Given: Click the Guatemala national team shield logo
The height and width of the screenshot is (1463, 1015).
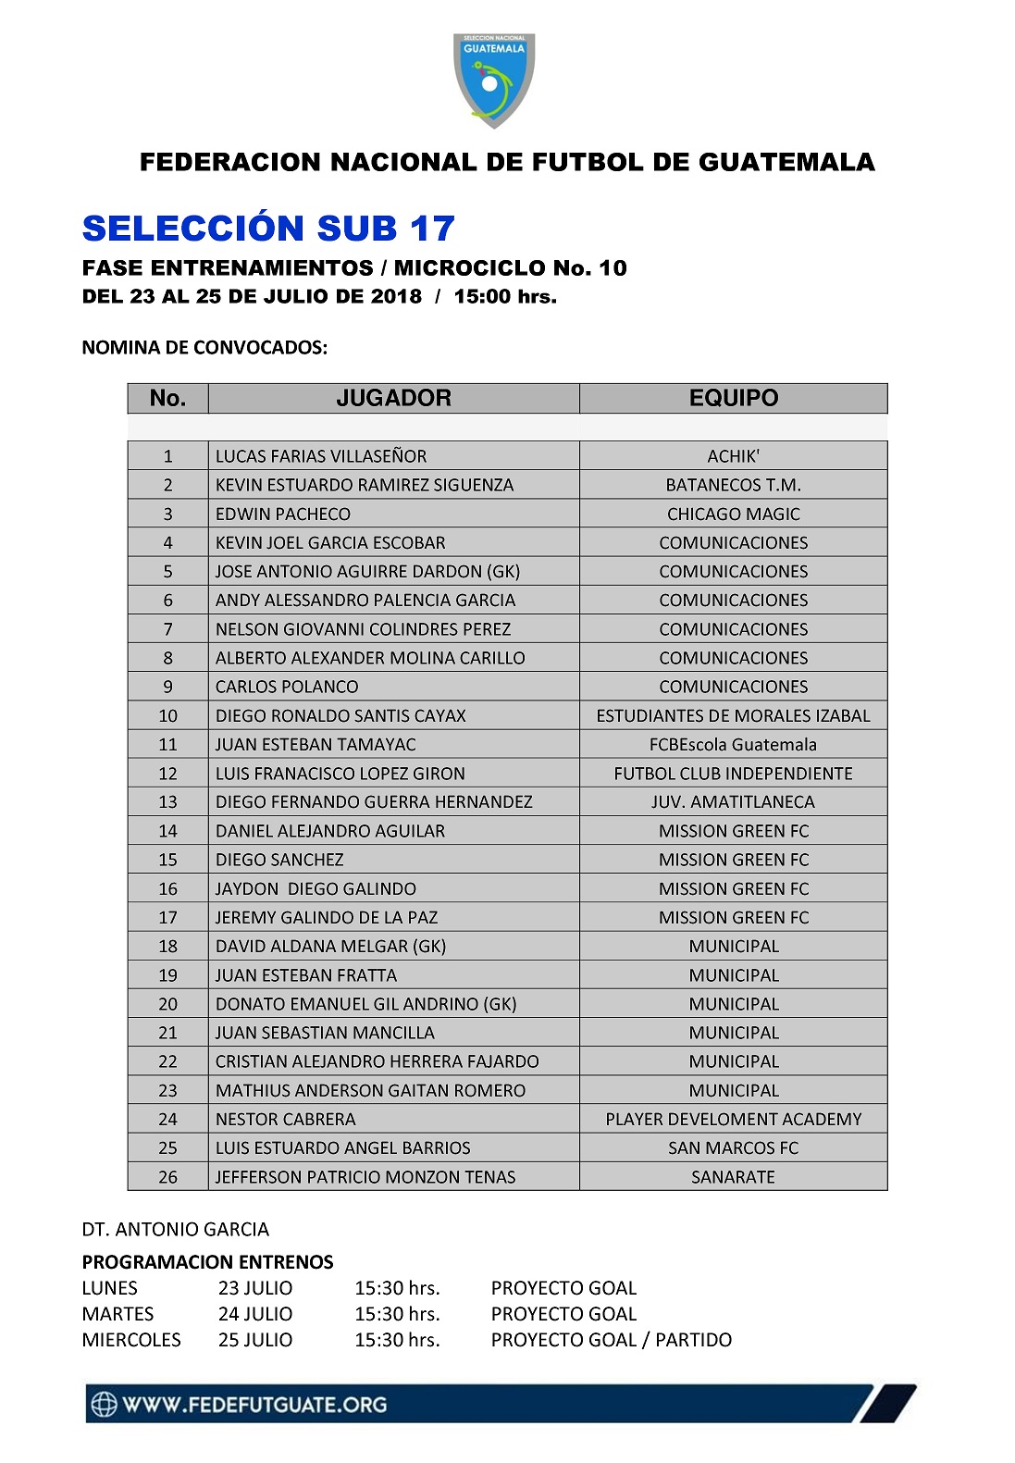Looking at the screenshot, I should point(494,81).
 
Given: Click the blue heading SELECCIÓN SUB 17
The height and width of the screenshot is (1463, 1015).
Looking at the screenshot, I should point(268,229).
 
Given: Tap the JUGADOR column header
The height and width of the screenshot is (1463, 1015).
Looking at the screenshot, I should point(393,398).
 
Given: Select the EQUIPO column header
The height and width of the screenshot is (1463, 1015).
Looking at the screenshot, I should point(733,398).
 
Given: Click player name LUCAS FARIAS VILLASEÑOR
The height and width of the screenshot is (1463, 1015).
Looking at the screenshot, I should point(321,456).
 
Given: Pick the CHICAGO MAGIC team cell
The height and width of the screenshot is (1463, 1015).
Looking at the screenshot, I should point(733,514).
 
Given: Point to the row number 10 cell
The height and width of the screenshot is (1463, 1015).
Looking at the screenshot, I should point(167,715).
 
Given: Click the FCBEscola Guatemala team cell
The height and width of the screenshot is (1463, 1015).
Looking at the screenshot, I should point(733,744).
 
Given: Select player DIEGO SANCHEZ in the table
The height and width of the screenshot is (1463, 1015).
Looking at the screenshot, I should point(279,860).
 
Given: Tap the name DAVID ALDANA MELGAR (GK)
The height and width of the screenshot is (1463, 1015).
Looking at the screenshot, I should point(330,946).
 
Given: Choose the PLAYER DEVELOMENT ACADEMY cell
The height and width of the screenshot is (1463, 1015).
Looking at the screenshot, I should point(733,1119).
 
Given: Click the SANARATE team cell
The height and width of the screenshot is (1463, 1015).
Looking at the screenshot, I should point(733,1177).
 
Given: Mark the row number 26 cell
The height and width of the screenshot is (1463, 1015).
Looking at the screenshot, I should point(167,1177).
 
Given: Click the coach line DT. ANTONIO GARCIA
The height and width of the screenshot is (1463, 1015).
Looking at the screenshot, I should point(176,1230).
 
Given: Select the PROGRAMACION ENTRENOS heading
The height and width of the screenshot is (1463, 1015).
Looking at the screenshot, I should point(207,1262).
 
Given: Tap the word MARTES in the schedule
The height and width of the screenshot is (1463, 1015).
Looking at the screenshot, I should point(118,1314).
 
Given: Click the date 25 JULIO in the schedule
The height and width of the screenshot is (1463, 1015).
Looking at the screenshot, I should point(255,1340).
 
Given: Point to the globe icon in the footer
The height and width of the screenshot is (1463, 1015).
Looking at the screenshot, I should point(104,1404).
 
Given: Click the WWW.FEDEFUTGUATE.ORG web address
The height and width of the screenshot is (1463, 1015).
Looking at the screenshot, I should point(254,1405).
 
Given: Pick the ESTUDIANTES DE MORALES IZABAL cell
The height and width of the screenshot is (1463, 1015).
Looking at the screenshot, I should point(733,715).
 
